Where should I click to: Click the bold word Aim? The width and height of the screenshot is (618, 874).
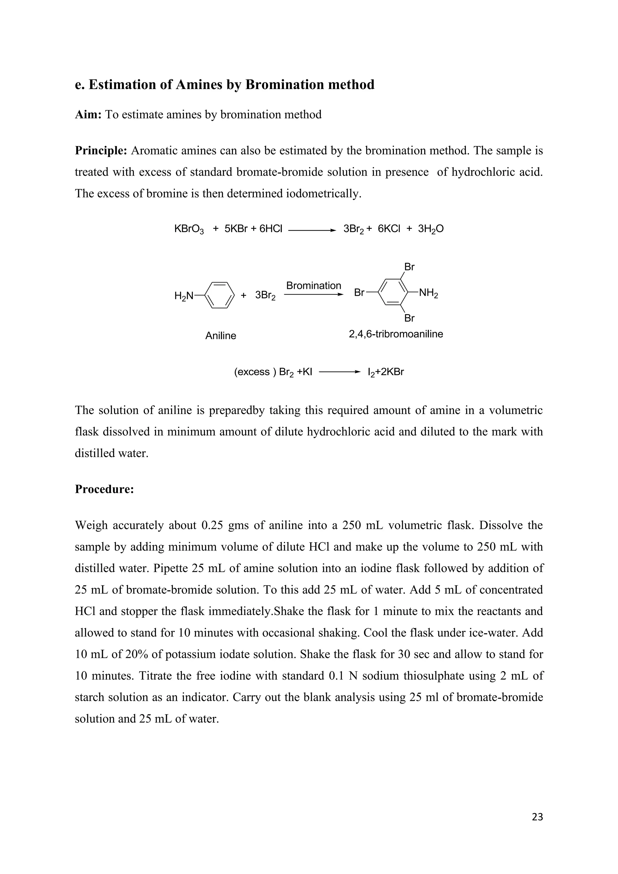pos(88,115)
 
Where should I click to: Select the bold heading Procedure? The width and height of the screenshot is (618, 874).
pos(104,489)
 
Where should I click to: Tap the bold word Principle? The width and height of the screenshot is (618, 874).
pos(101,151)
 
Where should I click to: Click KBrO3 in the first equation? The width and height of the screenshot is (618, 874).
pos(189,229)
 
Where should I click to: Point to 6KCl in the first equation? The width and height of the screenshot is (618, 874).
pos(389,229)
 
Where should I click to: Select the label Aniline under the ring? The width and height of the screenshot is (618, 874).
pos(221,336)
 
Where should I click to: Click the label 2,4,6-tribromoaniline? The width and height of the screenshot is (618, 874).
pos(396,334)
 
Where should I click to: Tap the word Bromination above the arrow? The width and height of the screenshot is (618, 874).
pos(314,285)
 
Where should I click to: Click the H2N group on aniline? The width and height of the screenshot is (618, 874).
pos(184,296)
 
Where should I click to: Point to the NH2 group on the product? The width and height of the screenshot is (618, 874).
pos(428,294)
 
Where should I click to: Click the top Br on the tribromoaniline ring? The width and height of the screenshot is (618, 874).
pos(409,267)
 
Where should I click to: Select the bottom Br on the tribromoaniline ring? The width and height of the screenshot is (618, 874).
pos(409,318)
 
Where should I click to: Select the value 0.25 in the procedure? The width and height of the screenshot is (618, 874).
pos(213,525)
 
